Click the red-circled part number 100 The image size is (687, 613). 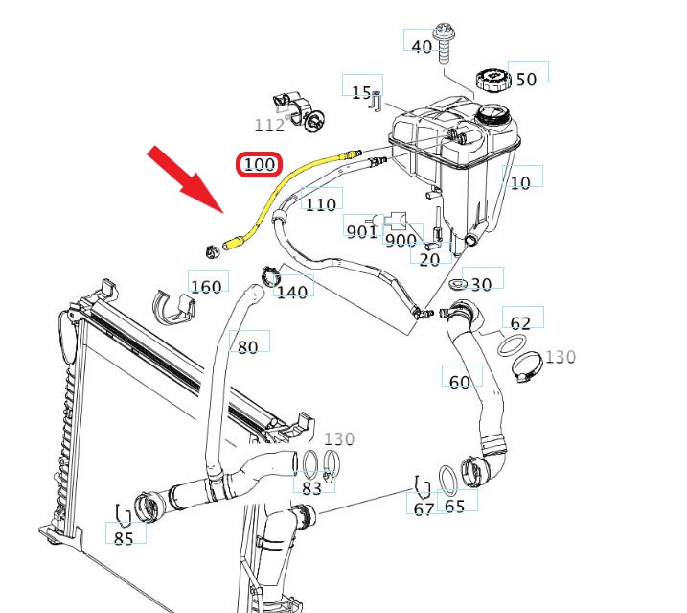pos(259,165)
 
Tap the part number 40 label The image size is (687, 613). pos(422,46)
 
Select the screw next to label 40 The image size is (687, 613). pos(446,39)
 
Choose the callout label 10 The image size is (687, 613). pos(520,182)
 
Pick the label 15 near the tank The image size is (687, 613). pos(361,92)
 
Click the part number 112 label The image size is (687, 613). pos(269,125)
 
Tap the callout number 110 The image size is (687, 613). pos(320,203)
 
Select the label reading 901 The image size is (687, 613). pos(361,231)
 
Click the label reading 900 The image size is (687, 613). pos(401,240)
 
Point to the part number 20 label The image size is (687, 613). pos(429,258)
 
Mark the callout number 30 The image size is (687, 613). pos(481,283)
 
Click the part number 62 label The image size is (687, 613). pos(520,323)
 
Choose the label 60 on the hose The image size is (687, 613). pos(460,382)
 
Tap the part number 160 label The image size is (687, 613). pos(206,286)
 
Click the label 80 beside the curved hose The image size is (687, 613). pos(247,346)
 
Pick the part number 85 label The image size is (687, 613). pos(124,538)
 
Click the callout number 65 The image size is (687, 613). pos(455,505)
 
